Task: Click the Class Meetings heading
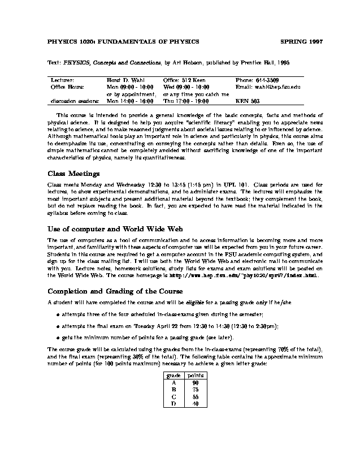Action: (73, 174)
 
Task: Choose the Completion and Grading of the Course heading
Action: (115, 291)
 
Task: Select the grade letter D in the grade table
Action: (174, 403)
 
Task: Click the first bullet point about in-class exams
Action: (59, 314)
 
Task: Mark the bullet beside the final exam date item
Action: (59, 326)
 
